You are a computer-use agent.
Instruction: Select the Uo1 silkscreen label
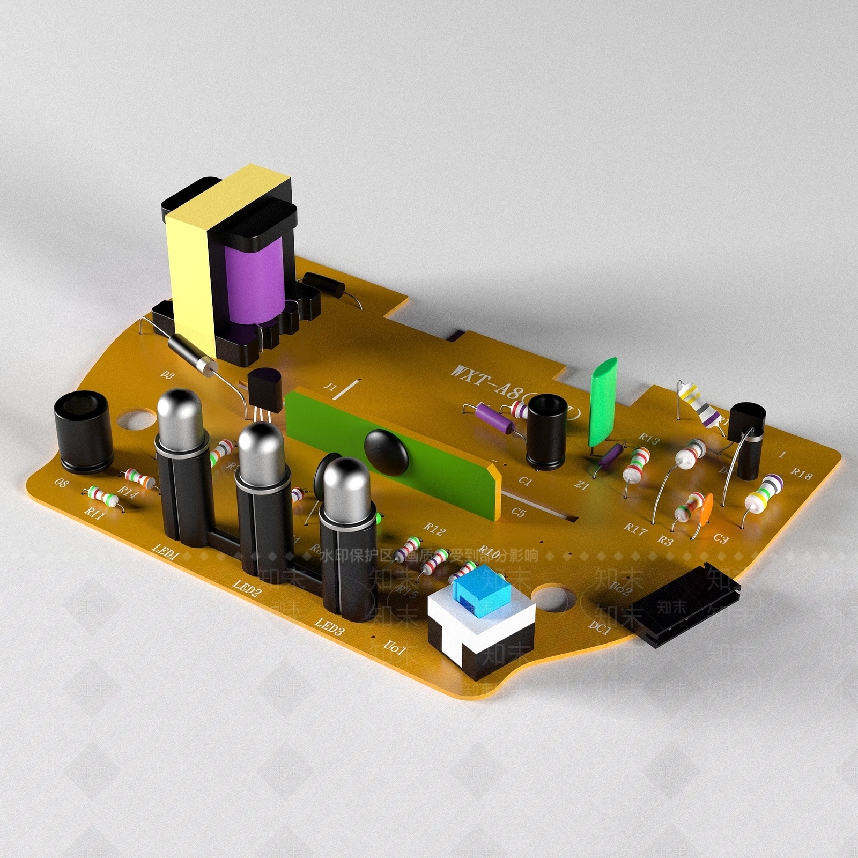[394, 650]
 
